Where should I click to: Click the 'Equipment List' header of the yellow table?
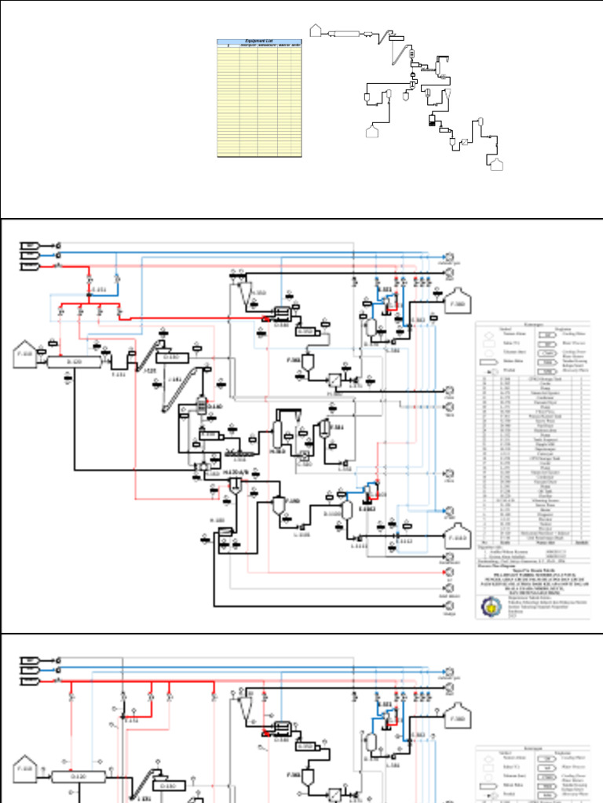click(x=259, y=42)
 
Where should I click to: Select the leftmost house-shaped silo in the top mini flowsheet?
click(x=316, y=31)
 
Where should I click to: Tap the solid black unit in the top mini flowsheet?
click(x=431, y=121)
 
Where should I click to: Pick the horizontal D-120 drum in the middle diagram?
click(x=75, y=362)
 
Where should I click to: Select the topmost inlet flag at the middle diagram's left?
click(x=30, y=245)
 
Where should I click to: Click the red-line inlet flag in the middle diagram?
click(x=30, y=265)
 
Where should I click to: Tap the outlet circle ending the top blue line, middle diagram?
click(x=449, y=256)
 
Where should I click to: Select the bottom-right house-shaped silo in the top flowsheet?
click(x=495, y=164)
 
